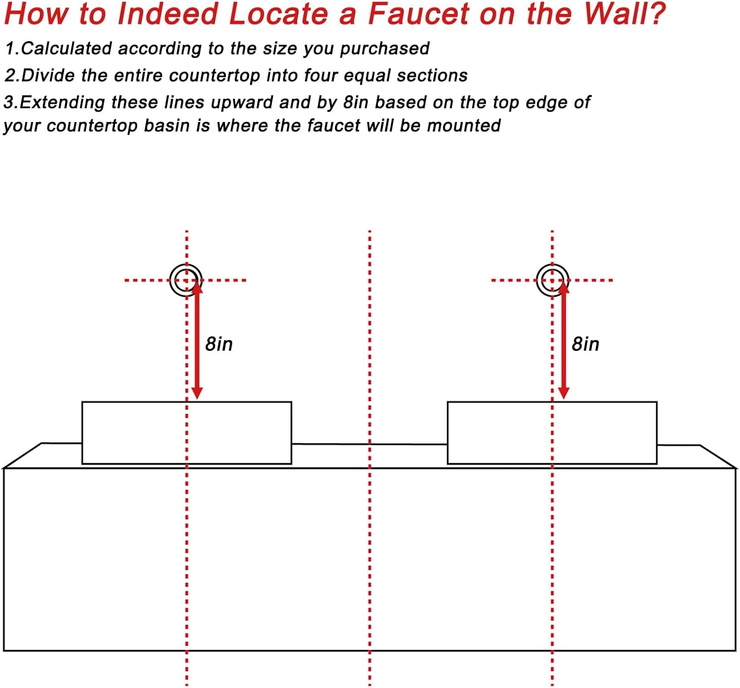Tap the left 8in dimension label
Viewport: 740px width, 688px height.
pyautogui.click(x=219, y=344)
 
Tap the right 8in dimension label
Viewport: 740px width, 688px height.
pyautogui.click(x=586, y=344)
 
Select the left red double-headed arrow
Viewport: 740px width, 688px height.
pyautogui.click(x=197, y=340)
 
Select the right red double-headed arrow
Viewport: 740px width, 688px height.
pyautogui.click(x=564, y=340)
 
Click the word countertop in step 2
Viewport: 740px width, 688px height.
pyautogui.click(x=215, y=76)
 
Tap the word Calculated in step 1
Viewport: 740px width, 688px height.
pyautogui.click(x=66, y=49)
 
